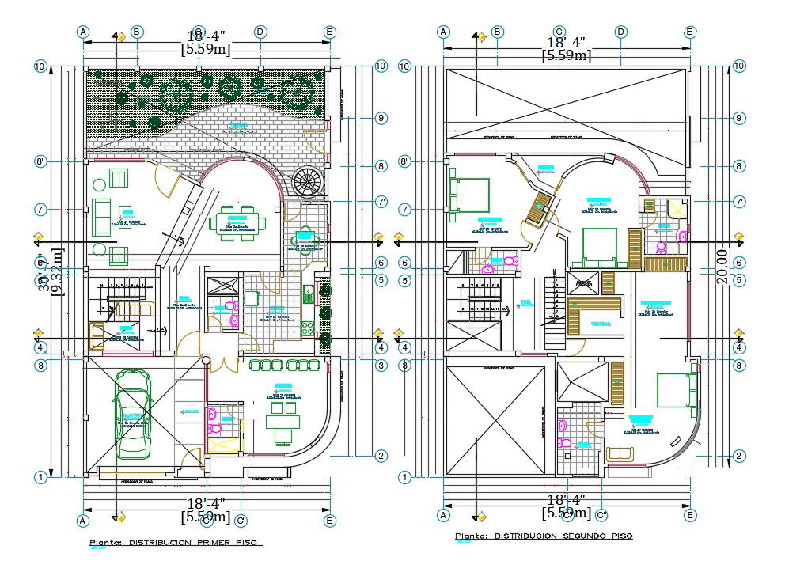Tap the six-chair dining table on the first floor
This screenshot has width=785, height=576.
pyautogui.click(x=237, y=222)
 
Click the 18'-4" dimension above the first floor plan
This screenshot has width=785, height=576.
pyautogui.click(x=206, y=36)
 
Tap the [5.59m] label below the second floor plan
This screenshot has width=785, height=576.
pyautogui.click(x=566, y=513)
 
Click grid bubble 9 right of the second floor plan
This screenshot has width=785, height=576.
pyautogui.click(x=739, y=118)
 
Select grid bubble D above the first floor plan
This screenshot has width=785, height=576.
pyautogui.click(x=260, y=32)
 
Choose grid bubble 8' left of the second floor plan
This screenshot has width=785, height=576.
pyautogui.click(x=404, y=161)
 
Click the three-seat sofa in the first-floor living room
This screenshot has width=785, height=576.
pyautogui.click(x=101, y=218)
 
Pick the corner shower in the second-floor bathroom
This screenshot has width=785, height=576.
pyautogui.click(x=677, y=209)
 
